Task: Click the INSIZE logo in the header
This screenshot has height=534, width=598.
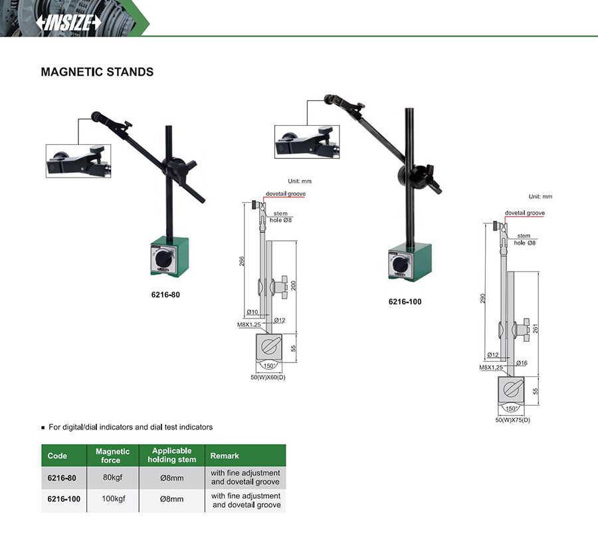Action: click(68, 23)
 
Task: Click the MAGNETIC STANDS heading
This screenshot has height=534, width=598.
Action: click(97, 72)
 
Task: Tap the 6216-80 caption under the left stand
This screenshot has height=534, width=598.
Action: click(165, 295)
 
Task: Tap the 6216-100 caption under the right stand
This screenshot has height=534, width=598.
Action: click(405, 301)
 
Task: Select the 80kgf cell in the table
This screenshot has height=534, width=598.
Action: click(112, 477)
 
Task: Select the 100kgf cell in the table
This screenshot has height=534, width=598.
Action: click(113, 499)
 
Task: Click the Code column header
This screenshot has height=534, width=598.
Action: click(57, 456)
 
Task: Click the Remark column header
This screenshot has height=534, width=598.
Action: click(225, 456)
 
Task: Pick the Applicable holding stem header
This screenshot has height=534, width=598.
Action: click(172, 455)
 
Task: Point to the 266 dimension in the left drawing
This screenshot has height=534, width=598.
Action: click(242, 261)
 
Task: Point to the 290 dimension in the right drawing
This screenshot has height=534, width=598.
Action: click(483, 299)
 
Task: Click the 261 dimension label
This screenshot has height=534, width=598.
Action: click(536, 329)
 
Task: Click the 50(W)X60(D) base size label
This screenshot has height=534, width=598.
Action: click(268, 377)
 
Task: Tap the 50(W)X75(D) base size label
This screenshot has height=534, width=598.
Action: click(512, 420)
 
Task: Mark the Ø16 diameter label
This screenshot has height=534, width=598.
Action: click(522, 363)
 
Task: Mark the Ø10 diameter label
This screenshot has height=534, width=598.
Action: click(252, 312)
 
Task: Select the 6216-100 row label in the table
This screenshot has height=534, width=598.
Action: click(64, 499)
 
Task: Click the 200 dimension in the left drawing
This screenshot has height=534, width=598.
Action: click(294, 285)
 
